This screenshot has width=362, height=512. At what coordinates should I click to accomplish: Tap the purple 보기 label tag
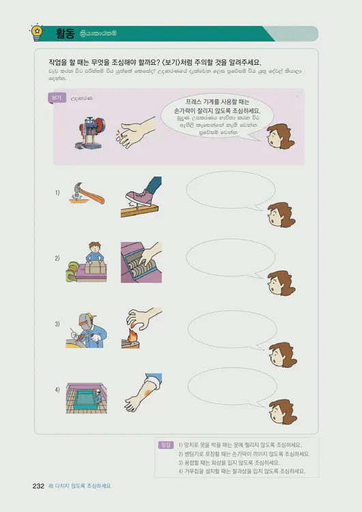(56, 98)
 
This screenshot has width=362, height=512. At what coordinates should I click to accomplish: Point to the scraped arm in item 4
(142, 393)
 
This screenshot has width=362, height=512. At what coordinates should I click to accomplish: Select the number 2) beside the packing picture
(58, 258)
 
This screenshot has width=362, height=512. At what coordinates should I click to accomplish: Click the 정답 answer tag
(165, 445)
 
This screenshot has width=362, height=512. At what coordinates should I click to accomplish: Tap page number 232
(38, 485)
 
